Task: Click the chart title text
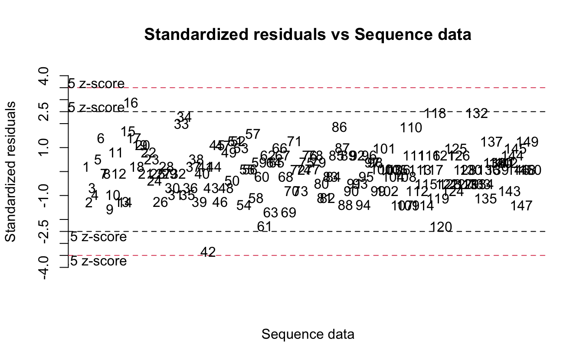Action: pyautogui.click(x=308, y=35)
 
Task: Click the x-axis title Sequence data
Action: pyautogui.click(x=308, y=334)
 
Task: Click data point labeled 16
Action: pyautogui.click(x=131, y=103)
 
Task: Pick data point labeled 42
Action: pyautogui.click(x=208, y=252)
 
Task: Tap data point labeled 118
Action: pyautogui.click(x=435, y=114)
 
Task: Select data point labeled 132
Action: pyautogui.click(x=477, y=114)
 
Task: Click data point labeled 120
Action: pyautogui.click(x=442, y=227)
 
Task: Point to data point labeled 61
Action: pyautogui.click(x=264, y=226)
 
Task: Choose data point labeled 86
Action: pyautogui.click(x=340, y=127)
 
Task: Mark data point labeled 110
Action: pyautogui.click(x=411, y=128)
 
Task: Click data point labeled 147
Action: pyautogui.click(x=521, y=206)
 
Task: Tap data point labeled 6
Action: pyautogui.click(x=101, y=138)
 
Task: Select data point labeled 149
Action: pyautogui.click(x=528, y=142)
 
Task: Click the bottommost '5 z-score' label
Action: pyautogui.click(x=98, y=261)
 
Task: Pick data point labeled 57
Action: pyautogui.click(x=252, y=134)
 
